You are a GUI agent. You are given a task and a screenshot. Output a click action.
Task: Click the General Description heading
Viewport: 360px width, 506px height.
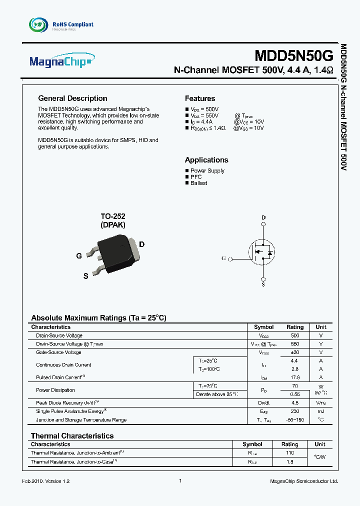coord(72,98)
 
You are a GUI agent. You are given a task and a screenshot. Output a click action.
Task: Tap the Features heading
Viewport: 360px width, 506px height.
coord(200,98)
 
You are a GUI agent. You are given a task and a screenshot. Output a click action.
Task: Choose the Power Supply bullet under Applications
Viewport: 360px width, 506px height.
coord(207,171)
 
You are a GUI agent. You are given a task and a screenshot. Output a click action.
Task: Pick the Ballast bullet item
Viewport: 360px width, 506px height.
coord(198,183)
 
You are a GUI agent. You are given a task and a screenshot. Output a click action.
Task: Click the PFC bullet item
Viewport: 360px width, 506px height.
coord(196,177)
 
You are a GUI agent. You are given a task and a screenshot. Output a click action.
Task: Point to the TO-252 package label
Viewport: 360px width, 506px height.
coord(113,216)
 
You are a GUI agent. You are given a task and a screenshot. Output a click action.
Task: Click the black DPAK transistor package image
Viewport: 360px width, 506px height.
coord(116,250)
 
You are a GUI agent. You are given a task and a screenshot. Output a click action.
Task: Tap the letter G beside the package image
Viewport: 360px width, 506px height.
coord(79,255)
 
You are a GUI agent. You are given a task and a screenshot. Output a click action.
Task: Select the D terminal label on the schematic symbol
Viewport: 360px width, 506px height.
coord(264,217)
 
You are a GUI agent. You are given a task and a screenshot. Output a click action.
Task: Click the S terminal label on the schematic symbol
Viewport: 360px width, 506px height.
coord(263,284)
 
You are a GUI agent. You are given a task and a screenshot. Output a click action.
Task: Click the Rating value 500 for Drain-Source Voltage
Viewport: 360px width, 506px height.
coord(294,335)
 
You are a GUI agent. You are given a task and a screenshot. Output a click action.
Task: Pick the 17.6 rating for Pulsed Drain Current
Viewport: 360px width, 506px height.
coord(294,377)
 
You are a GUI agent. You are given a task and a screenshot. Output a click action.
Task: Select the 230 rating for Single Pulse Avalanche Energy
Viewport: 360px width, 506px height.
coord(294,411)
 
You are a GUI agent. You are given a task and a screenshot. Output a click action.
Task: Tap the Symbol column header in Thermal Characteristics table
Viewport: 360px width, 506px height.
coord(252,444)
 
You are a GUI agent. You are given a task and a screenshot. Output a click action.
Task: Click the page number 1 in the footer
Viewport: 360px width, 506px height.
coord(180,481)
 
